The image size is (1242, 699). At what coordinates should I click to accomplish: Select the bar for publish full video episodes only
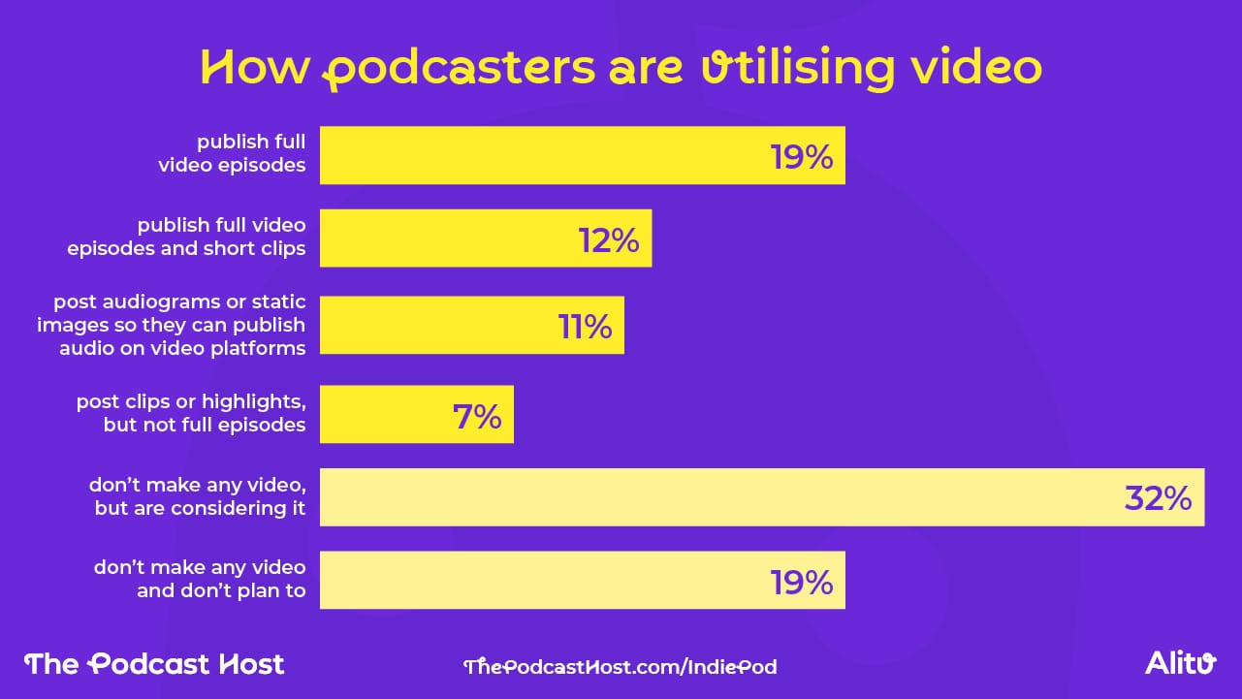[x=582, y=155]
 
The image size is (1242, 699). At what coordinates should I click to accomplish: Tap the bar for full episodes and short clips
[x=485, y=238]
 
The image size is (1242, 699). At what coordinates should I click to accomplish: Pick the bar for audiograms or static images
[x=471, y=326]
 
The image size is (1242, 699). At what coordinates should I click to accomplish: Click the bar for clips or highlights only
[x=416, y=415]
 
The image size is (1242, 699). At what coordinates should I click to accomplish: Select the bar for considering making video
[x=761, y=497]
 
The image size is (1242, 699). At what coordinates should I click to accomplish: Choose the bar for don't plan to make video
[x=582, y=581]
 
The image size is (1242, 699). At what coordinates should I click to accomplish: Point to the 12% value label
[x=609, y=239]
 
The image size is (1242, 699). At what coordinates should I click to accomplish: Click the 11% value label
[x=585, y=327]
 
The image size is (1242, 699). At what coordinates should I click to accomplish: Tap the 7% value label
[x=477, y=416]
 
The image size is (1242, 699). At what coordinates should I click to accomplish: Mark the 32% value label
[x=1158, y=498]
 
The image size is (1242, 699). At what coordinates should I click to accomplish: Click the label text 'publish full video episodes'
[x=233, y=154]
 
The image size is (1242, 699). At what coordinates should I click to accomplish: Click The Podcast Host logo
[x=154, y=664]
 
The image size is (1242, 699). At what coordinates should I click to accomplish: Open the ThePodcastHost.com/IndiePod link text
[x=621, y=667]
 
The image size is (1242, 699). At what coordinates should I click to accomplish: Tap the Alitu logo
[x=1180, y=664]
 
